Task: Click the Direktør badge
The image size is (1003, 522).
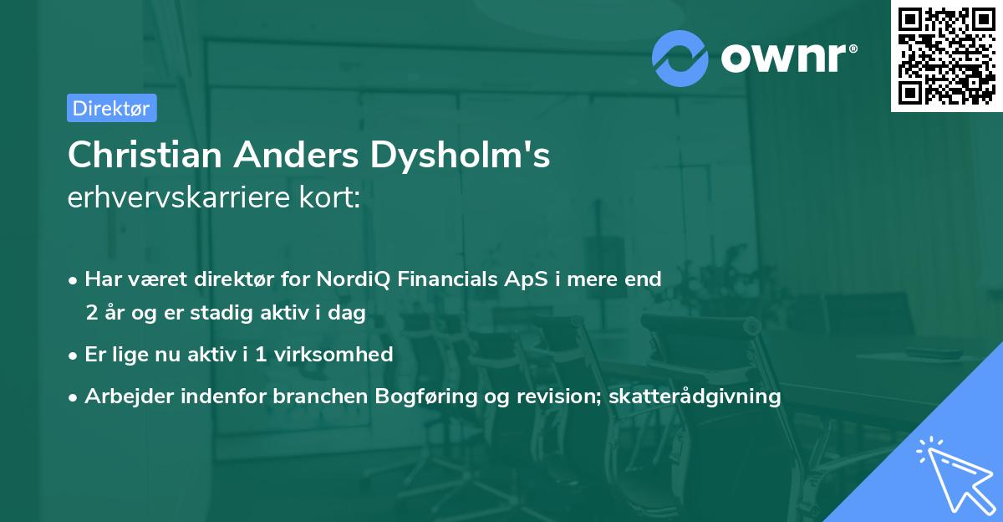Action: tap(111, 108)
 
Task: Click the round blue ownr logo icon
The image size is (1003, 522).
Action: tap(680, 58)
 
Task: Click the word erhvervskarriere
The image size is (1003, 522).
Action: tap(176, 197)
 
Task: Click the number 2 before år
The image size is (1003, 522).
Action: tap(91, 313)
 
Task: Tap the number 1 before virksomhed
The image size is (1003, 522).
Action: tap(260, 354)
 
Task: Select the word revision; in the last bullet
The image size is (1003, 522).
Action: tap(561, 396)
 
